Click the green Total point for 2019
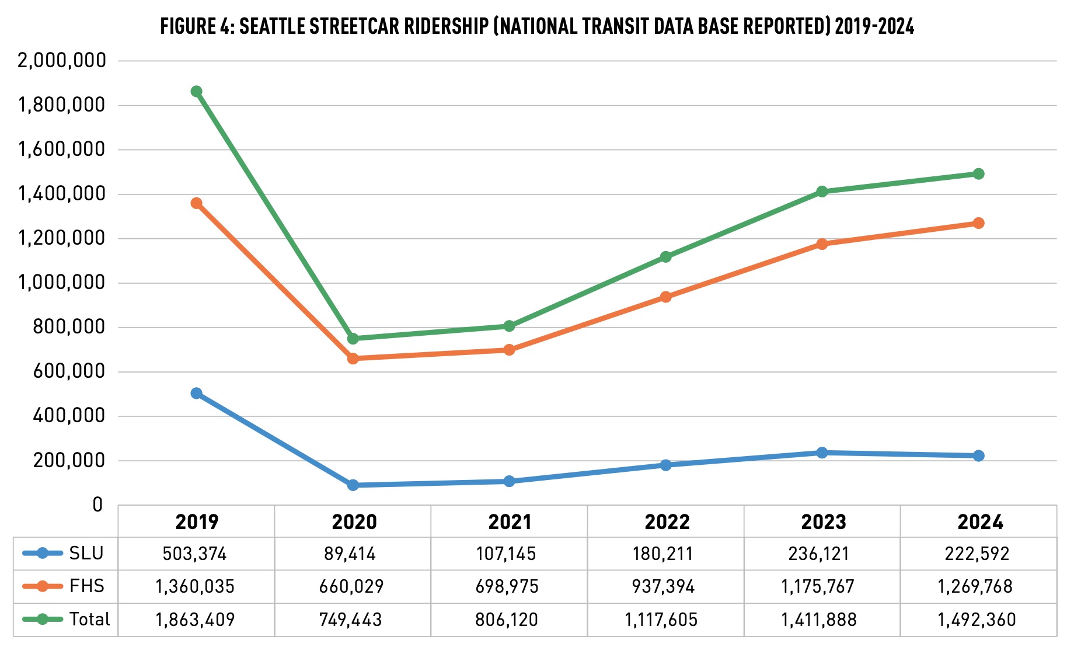[x=197, y=92]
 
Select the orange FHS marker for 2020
[x=353, y=359]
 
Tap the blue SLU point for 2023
[x=822, y=453]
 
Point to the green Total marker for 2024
[x=979, y=174]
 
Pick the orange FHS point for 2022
[x=666, y=297]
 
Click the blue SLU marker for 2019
[x=197, y=394]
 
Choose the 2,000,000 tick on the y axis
[x=62, y=61]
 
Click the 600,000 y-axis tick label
[x=69, y=371]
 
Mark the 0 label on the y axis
[x=97, y=505]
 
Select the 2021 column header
[x=510, y=521]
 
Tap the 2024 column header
[x=980, y=521]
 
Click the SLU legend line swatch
[x=42, y=554]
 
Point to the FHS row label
[x=86, y=586]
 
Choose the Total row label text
[x=89, y=619]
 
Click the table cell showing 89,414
[x=350, y=554]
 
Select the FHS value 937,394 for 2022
[x=664, y=586]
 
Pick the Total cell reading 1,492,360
[x=977, y=620]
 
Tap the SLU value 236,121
[x=819, y=554]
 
